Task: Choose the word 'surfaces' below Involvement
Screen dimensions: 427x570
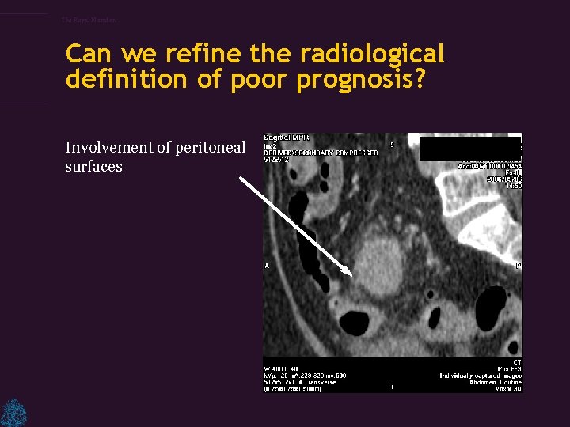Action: (93, 167)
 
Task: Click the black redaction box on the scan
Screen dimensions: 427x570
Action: (469, 149)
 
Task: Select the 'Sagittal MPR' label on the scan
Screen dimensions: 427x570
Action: (287, 138)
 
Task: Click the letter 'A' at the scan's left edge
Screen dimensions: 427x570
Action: (268, 266)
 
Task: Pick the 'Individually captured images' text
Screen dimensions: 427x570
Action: (480, 374)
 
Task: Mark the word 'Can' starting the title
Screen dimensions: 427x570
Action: (89, 54)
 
